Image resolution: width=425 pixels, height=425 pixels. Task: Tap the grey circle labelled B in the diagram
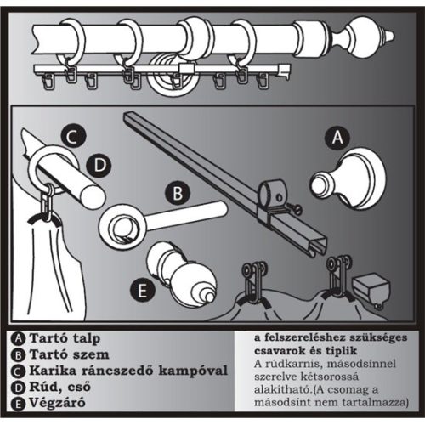tap(177, 194)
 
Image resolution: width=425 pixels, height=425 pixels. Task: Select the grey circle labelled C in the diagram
tap(74, 136)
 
